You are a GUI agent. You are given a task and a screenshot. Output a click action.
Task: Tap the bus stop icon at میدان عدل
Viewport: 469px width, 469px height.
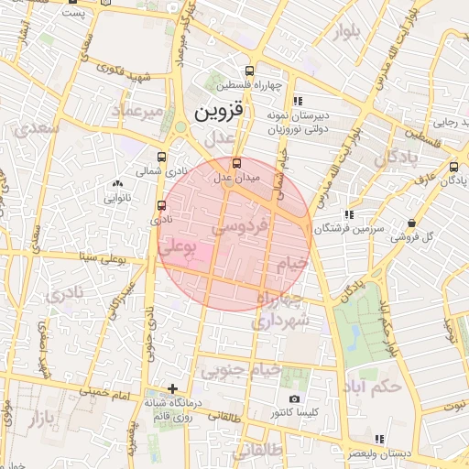[237, 163]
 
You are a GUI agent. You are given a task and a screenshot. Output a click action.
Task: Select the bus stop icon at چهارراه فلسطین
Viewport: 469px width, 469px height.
[250, 71]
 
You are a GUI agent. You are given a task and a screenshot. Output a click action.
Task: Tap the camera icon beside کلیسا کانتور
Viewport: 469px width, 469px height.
[294, 399]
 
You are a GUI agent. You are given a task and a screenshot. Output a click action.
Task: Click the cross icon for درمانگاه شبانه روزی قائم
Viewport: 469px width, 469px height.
[172, 388]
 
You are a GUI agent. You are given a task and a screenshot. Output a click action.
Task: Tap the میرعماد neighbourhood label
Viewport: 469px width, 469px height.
[136, 112]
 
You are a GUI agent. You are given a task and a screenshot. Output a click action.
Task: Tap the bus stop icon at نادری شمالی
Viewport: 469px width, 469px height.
[162, 156]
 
